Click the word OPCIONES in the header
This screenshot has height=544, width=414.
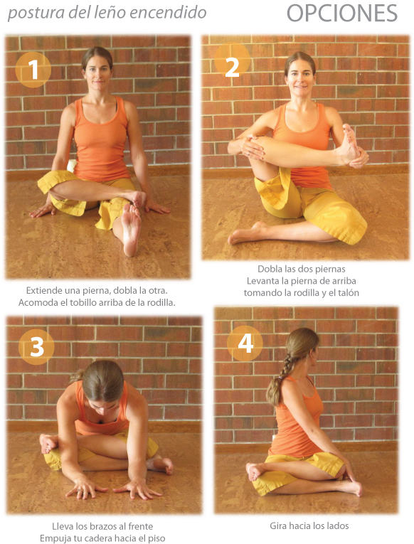(342, 14)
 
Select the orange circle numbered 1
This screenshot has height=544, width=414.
(33, 70)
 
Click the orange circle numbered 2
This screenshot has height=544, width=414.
(232, 63)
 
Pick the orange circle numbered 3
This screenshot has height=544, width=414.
(36, 346)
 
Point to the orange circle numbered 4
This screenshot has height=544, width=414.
(245, 343)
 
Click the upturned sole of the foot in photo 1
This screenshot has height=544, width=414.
(130, 229)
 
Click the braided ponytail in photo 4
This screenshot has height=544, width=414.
(280, 383)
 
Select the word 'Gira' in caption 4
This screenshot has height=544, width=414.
(277, 526)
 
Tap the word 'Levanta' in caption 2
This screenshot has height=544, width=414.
(260, 280)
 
